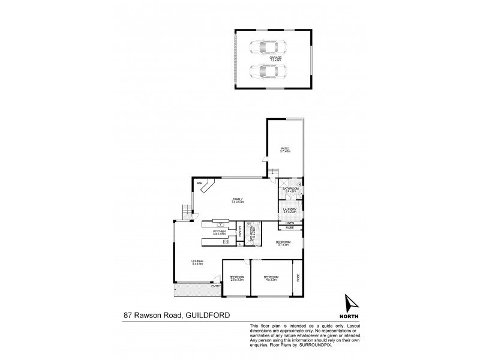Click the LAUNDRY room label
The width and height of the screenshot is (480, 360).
coord(290,209)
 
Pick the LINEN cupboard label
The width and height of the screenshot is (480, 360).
coord(289,223)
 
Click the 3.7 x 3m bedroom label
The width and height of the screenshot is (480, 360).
coord(283,242)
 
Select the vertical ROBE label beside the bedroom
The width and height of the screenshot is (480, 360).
coord(298,277)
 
